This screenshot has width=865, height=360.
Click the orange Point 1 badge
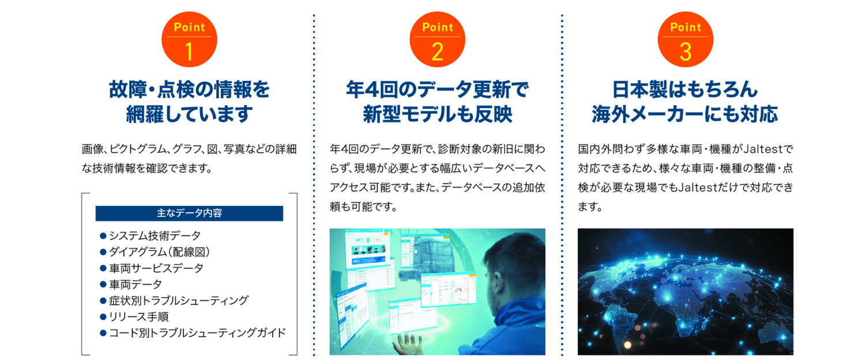(189, 39)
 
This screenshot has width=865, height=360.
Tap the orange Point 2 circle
(437, 39)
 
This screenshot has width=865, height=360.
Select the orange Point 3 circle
(686, 39)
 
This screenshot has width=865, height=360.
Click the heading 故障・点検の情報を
(189, 89)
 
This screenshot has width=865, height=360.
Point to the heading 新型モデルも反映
(438, 114)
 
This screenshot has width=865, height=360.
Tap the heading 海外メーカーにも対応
(685, 114)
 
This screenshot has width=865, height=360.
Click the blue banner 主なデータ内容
(189, 213)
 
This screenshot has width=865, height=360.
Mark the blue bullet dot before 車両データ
(103, 284)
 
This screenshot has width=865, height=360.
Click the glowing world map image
(686, 291)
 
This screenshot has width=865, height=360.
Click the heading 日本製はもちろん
(685, 89)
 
